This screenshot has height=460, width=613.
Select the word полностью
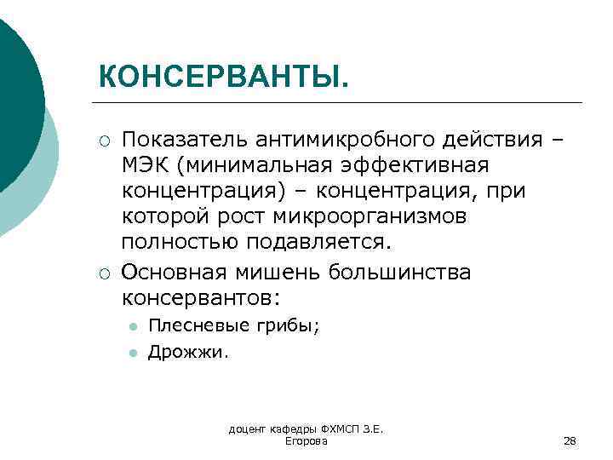pyautogui.click(x=180, y=241)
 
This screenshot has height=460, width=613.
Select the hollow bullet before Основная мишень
pyautogui.click(x=102, y=273)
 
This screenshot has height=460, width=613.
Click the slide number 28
pyautogui.click(x=570, y=440)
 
